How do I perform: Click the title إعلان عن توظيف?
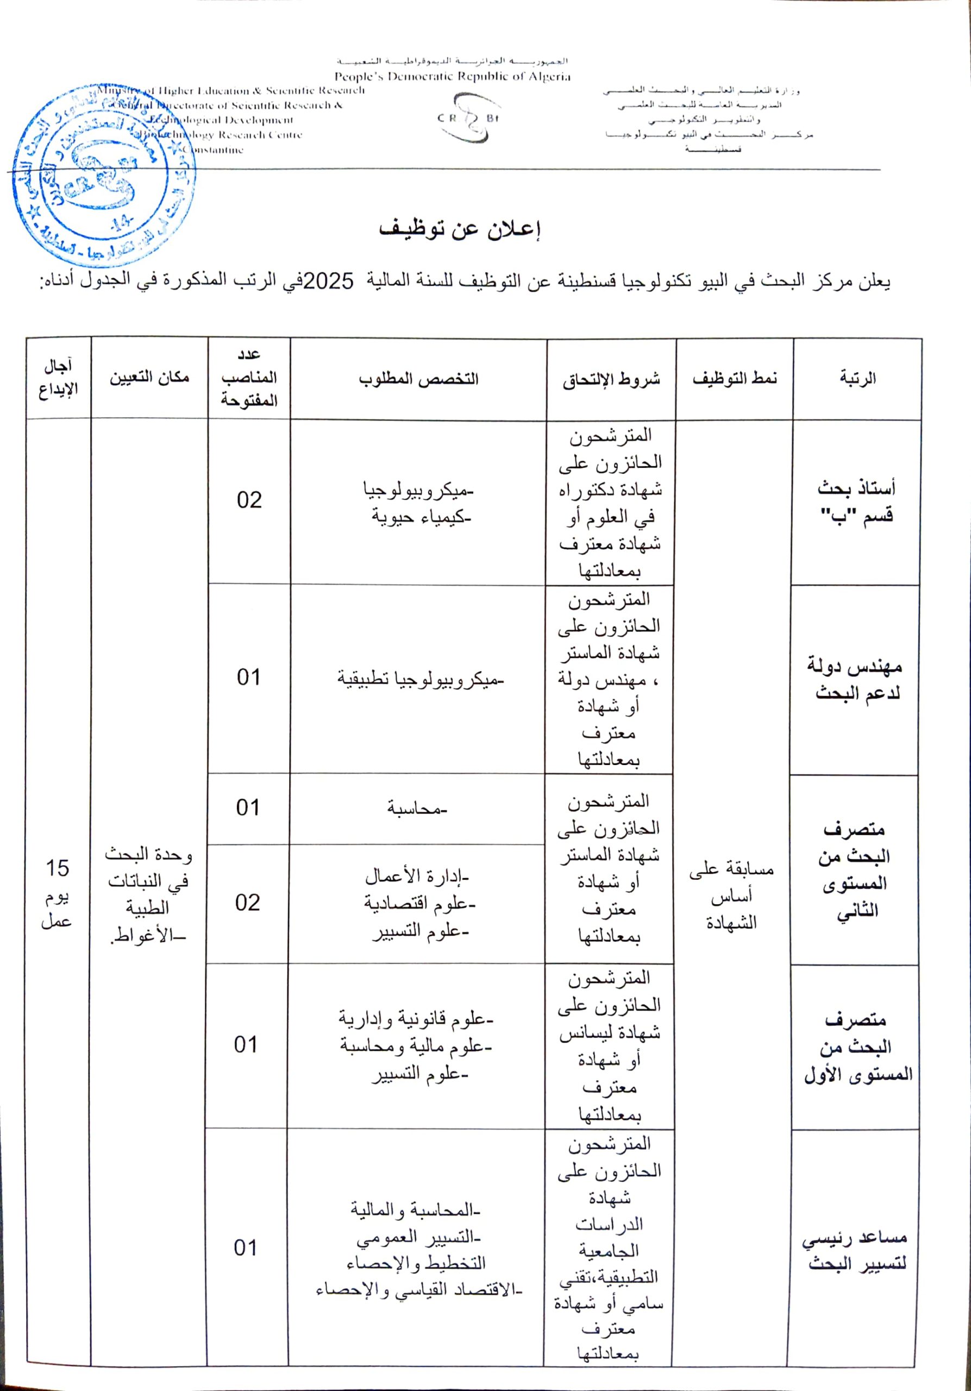pyautogui.click(x=460, y=229)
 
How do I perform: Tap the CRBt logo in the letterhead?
pyautogui.click(x=468, y=118)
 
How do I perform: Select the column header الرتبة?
pyautogui.click(x=857, y=379)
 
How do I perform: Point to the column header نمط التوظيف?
pyautogui.click(x=734, y=379)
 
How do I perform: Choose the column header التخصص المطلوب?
pyautogui.click(x=418, y=379)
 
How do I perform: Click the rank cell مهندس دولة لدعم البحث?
pyautogui.click(x=855, y=679)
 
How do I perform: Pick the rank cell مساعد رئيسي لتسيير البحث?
pyautogui.click(x=855, y=1251)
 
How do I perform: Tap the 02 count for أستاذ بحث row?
pyautogui.click(x=249, y=500)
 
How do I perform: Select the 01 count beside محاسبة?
pyautogui.click(x=248, y=807)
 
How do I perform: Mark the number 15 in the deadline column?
pyautogui.click(x=58, y=868)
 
